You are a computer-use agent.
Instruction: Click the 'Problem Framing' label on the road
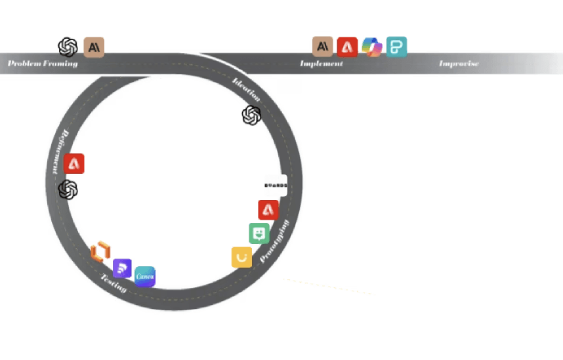(43, 64)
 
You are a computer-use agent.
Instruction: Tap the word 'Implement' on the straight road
(322, 64)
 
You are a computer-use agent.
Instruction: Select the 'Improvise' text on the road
(459, 64)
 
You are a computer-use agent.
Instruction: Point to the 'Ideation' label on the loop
(247, 90)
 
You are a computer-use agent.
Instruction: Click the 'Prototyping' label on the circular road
(274, 241)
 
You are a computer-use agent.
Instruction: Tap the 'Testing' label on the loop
(113, 282)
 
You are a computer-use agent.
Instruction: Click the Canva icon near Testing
(145, 277)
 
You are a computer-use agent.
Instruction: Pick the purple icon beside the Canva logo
(123, 268)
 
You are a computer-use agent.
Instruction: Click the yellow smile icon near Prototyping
(241, 257)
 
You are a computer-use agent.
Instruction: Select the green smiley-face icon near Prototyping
(259, 233)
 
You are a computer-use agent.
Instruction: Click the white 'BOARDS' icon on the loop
(276, 186)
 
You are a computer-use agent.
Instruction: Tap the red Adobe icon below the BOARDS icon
(268, 210)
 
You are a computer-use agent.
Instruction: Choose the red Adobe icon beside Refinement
(75, 164)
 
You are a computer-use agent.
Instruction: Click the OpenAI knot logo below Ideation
(251, 116)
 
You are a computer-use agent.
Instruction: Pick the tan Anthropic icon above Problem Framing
(94, 47)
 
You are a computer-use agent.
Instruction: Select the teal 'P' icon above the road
(396, 47)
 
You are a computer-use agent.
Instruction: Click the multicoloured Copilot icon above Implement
(371, 47)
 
